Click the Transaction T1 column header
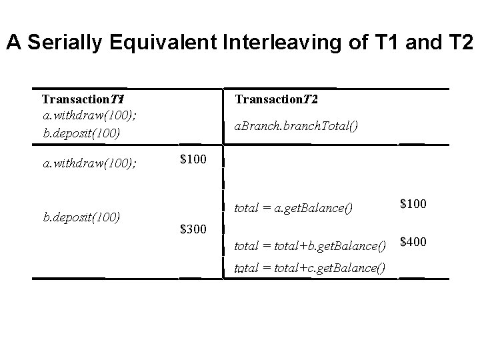pos(84,99)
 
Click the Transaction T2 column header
pos(276,99)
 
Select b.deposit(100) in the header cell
pos(81,133)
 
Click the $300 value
pos(193,230)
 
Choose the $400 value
pos(413,241)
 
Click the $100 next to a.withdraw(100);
pos(193,160)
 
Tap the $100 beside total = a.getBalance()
pos(413,203)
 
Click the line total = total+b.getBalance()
pos(311,247)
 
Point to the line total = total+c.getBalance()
pos(311,268)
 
